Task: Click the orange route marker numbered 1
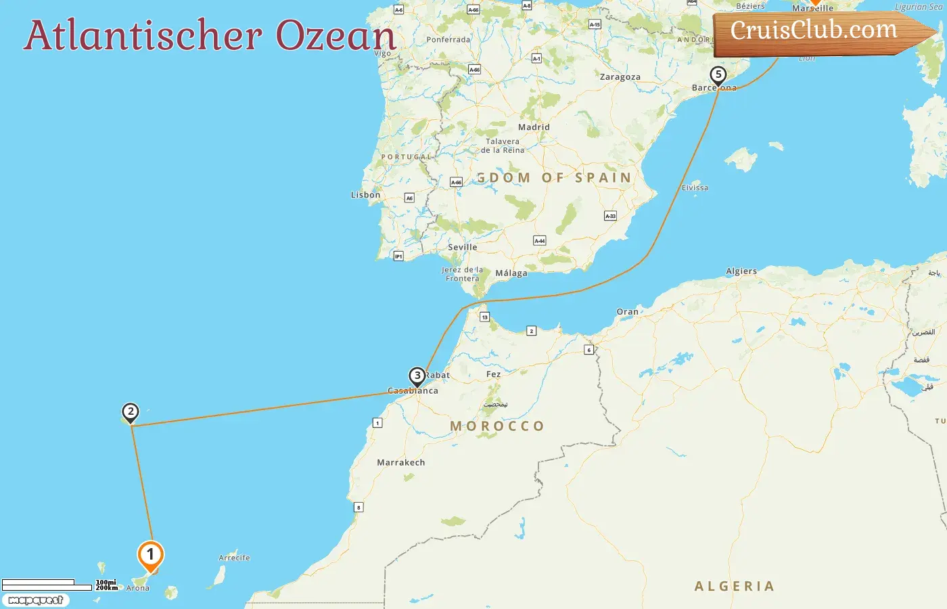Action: pyautogui.click(x=150, y=555)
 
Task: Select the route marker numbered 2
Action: pyautogui.click(x=130, y=411)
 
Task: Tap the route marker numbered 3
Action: pyautogui.click(x=417, y=376)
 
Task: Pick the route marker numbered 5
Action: pyautogui.click(x=718, y=74)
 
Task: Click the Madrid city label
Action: pyautogui.click(x=534, y=127)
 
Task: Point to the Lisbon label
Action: pyautogui.click(x=365, y=195)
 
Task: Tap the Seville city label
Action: pyautogui.click(x=462, y=247)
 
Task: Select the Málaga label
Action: pyautogui.click(x=511, y=273)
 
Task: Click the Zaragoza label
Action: pyautogui.click(x=620, y=77)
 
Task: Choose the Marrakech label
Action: pyautogui.click(x=400, y=463)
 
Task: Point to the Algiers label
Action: pyautogui.click(x=741, y=271)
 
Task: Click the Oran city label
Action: pyautogui.click(x=627, y=312)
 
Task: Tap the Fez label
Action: pyautogui.click(x=493, y=374)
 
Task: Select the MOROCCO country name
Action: pyautogui.click(x=497, y=426)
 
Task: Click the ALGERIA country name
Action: pyautogui.click(x=734, y=586)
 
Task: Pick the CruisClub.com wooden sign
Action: pyautogui.click(x=818, y=31)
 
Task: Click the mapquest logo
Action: pyautogui.click(x=35, y=600)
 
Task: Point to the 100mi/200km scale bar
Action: pyautogui.click(x=47, y=585)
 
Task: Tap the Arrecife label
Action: pyautogui.click(x=234, y=558)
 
